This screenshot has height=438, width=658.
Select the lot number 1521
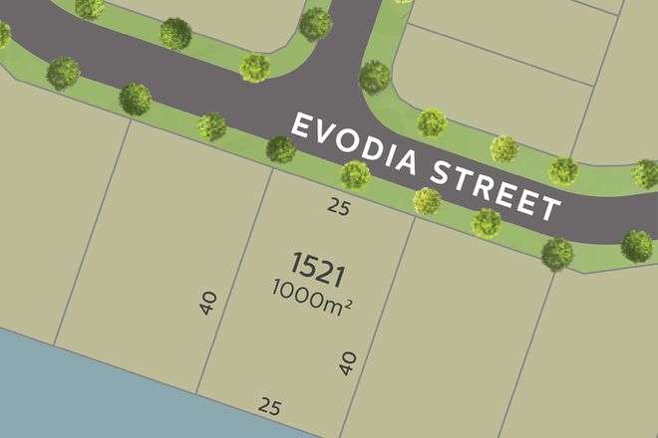318,265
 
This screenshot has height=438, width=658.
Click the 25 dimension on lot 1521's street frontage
338,207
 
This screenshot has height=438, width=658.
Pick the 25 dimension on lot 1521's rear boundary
268,405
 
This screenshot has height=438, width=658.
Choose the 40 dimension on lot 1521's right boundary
348,362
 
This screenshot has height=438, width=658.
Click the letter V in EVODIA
326,136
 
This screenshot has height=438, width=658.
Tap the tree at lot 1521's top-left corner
281,149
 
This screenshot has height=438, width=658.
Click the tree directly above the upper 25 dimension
355,175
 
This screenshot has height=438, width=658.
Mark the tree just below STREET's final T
557,253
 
